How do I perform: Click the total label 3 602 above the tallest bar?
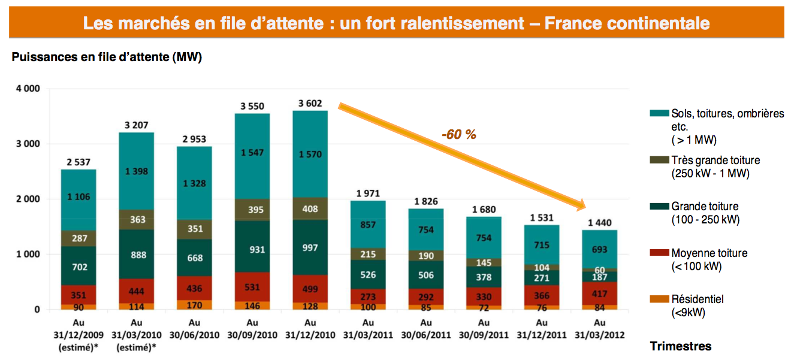point(310,103)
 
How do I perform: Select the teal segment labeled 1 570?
point(310,155)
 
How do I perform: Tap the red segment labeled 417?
point(599,294)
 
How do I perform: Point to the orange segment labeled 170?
point(194,305)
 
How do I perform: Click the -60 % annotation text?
point(458,135)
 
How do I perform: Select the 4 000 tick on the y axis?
point(27,89)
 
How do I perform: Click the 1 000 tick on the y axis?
point(27,255)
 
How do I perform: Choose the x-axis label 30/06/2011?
point(426,335)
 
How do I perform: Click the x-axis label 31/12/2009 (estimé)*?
point(78,340)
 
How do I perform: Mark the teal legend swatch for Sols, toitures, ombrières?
point(659,113)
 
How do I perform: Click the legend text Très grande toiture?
point(716,161)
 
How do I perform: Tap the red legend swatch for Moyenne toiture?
point(659,253)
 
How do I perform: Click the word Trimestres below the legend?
point(681,346)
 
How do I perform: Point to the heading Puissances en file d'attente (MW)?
point(107,58)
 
